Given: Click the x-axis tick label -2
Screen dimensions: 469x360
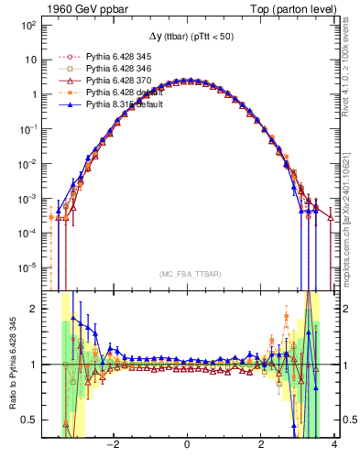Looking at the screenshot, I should click(x=113, y=446).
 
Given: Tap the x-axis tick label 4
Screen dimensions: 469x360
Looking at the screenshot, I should click(x=334, y=446).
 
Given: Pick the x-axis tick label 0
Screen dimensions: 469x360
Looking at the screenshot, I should click(x=188, y=446).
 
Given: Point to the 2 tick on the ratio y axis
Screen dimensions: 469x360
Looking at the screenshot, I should click(x=33, y=309).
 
